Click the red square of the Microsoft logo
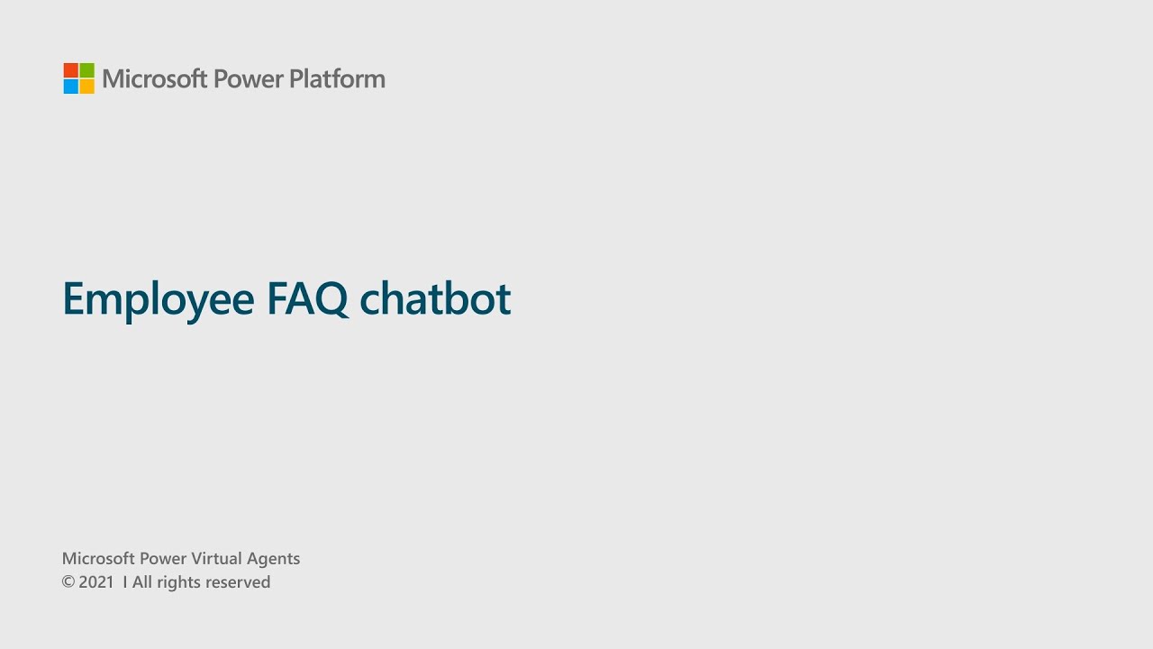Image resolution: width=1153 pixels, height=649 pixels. click(x=71, y=70)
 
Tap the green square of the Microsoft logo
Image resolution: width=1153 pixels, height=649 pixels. click(x=86, y=70)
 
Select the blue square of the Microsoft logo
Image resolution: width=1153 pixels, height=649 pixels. click(x=71, y=87)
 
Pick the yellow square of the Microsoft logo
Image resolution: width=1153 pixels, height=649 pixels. click(x=86, y=87)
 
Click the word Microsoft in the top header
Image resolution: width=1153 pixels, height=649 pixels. click(x=154, y=79)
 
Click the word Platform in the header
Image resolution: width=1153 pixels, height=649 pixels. click(x=337, y=79)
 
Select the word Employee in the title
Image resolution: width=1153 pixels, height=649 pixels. click(x=159, y=299)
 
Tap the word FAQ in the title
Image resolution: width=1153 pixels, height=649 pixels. click(x=307, y=298)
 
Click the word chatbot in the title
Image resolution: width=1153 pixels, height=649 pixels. click(x=435, y=298)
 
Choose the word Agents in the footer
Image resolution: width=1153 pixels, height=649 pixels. click(x=275, y=560)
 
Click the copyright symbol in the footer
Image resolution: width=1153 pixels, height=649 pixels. click(x=68, y=582)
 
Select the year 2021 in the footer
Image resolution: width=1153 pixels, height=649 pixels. click(x=96, y=582)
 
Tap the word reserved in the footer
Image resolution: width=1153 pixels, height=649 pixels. click(x=238, y=582)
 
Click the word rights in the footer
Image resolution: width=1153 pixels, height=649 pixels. click(x=178, y=583)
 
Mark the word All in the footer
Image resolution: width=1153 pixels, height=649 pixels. click(x=142, y=582)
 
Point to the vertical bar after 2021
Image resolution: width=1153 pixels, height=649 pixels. click(x=124, y=582)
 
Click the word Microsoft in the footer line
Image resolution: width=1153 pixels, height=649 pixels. click(x=98, y=559)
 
